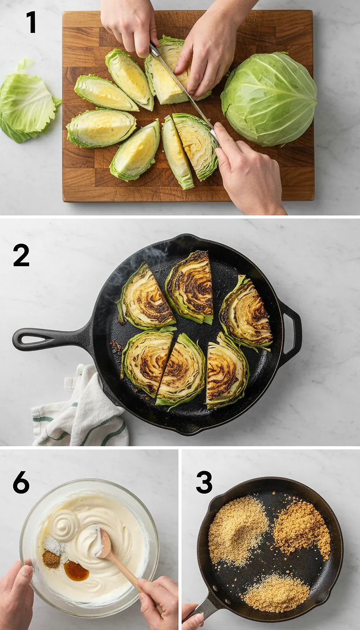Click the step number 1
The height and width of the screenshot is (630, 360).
(31, 22)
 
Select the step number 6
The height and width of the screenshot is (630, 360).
(21, 482)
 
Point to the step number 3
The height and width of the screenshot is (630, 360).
(204, 482)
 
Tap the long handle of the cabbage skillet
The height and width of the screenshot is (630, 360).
(47, 338)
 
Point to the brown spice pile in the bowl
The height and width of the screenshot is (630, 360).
(51, 559)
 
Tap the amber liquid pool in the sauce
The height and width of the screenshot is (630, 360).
(76, 570)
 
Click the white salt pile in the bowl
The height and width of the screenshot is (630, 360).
(54, 545)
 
